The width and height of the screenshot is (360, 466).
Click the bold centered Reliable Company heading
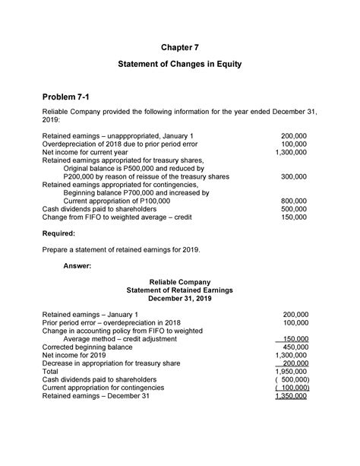179,282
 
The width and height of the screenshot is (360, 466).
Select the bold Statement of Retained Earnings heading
179,290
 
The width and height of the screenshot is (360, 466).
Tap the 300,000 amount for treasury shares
293,176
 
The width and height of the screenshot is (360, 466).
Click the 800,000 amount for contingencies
293,201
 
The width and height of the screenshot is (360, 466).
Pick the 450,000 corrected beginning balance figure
295,346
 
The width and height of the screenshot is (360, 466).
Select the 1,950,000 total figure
292,371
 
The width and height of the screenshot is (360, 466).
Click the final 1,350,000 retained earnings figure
292,396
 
